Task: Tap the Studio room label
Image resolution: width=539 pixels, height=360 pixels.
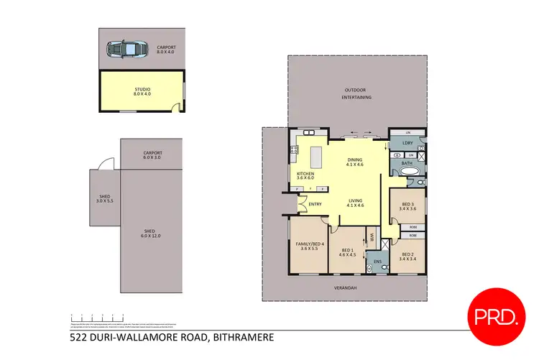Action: point(142,91)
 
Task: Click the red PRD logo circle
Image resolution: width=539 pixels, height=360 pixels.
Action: point(496,313)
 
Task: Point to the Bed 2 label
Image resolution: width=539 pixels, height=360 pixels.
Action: point(407,257)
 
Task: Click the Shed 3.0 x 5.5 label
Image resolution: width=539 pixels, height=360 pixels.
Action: point(104,201)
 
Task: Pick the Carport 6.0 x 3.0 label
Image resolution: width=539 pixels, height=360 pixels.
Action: point(152,154)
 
